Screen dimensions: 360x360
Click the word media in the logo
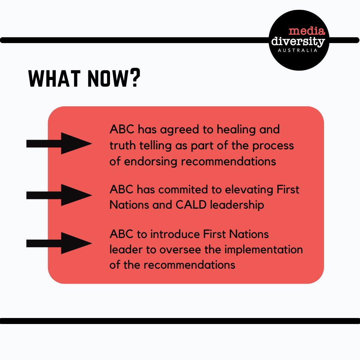tap(306, 32)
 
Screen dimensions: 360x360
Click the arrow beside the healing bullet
tap(59, 143)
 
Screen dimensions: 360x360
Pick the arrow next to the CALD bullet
tap(59, 195)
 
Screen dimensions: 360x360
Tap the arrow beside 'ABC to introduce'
tap(59, 243)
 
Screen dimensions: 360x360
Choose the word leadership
tap(237, 205)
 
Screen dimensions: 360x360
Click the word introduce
tap(172, 234)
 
